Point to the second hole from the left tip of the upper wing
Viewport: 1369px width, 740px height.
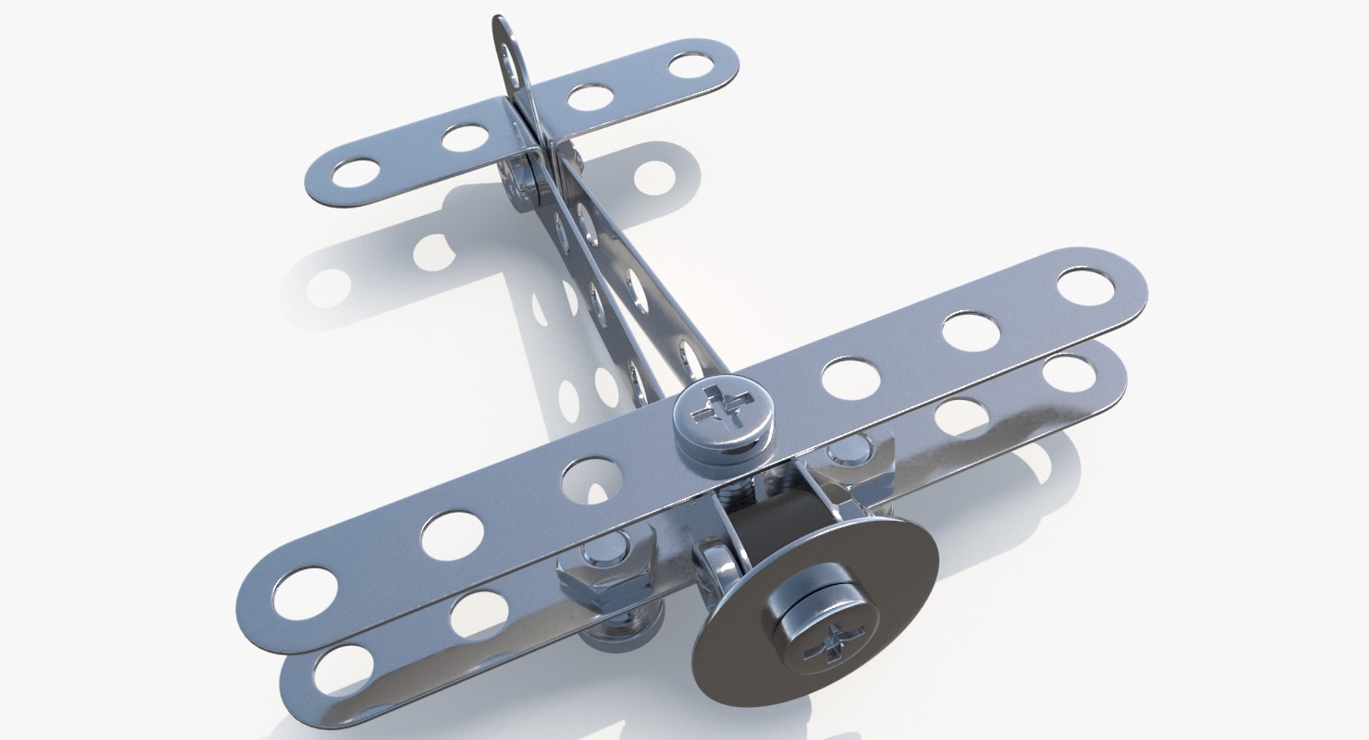coord(451,534)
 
